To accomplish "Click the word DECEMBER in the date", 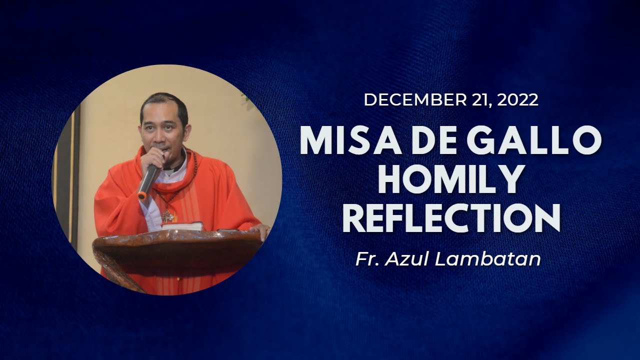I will click(415, 100).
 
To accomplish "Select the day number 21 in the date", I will click(480, 100).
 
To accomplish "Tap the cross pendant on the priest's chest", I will click(166, 216).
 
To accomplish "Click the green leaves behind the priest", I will click(246, 99).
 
